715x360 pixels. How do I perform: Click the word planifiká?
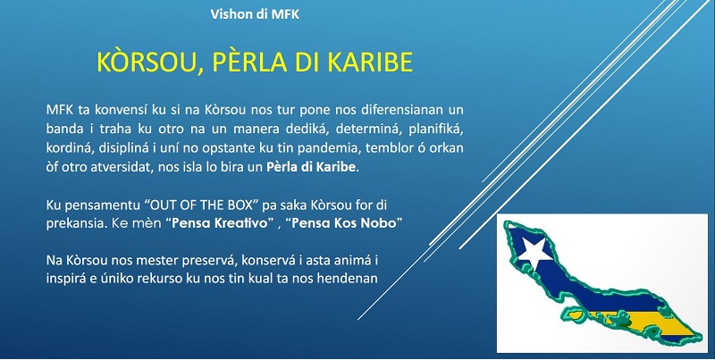click(x=436, y=129)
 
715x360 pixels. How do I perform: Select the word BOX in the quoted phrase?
click(x=240, y=205)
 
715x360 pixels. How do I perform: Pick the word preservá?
click(x=210, y=261)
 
